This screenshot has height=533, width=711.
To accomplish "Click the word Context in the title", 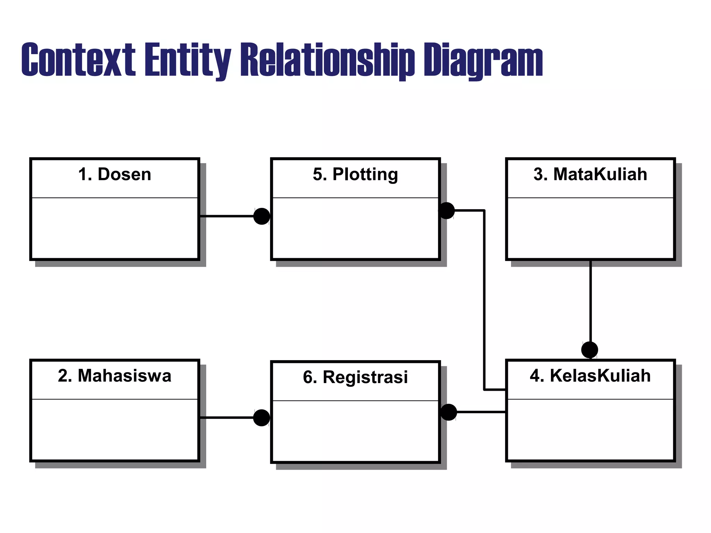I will point(78,60).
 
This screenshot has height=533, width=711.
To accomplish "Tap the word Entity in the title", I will point(187,60).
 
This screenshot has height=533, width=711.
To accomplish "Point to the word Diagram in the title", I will point(483,60).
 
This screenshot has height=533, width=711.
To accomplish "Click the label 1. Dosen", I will point(115,174).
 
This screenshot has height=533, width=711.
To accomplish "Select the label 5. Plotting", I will point(355,174).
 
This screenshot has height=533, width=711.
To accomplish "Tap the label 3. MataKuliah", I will point(590,174).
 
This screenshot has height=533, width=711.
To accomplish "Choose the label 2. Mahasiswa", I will point(115,376).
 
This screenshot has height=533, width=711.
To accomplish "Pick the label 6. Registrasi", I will point(355,377).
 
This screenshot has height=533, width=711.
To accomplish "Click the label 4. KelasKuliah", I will point(590,376).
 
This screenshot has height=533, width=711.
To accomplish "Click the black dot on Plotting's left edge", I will point(262,216).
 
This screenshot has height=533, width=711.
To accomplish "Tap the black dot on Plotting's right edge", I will point(446,211).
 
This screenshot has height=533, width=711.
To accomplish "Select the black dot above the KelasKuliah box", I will point(589,350).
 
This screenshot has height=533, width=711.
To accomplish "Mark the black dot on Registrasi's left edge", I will point(262,418).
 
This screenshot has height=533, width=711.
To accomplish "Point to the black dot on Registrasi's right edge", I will point(449,412).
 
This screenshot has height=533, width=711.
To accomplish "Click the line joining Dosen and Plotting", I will point(227,216).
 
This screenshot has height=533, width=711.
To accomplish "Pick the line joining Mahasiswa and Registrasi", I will point(227,418).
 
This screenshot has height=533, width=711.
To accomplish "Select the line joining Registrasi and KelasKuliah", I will point(481,412).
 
